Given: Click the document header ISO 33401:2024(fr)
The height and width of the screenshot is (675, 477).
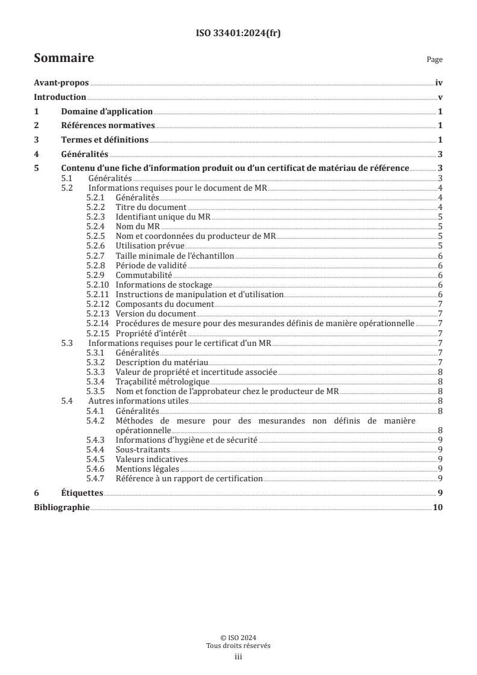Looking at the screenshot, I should [x=239, y=34].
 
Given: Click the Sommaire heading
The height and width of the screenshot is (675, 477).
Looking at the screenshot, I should [x=64, y=58].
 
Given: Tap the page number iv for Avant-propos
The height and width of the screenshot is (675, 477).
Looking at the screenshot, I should [x=439, y=84].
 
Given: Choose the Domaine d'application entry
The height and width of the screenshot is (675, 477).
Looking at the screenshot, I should [x=106, y=112].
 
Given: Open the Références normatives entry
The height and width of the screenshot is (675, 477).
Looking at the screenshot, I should [x=108, y=126].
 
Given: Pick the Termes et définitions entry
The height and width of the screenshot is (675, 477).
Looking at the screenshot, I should [x=105, y=140].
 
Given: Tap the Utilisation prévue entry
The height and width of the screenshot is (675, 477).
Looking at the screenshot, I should [x=150, y=245].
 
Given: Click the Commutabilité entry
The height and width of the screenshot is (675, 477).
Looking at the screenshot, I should [x=144, y=274].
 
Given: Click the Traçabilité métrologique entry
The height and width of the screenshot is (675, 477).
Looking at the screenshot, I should [x=162, y=381].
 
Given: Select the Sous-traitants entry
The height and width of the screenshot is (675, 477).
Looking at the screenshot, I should [x=143, y=449].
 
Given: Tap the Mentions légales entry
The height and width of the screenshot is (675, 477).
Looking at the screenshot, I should [x=147, y=468].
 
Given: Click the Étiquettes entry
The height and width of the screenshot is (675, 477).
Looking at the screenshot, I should [x=82, y=493].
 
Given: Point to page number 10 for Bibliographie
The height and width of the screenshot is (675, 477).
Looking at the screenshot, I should [x=437, y=507].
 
